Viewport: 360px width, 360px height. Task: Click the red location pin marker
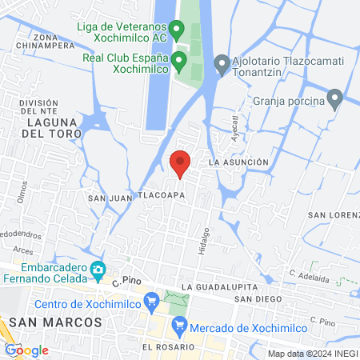[x=181, y=162]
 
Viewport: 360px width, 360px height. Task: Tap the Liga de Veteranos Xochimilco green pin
[x=175, y=30]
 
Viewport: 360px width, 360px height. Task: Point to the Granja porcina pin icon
[x=335, y=101]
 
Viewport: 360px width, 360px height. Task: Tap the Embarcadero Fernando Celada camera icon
[x=98, y=270]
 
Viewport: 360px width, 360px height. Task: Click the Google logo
[x=27, y=350]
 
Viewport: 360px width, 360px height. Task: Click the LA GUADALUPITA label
[x=215, y=286]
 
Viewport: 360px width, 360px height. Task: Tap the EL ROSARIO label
[x=169, y=347]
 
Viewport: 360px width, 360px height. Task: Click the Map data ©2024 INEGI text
[x=312, y=353]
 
